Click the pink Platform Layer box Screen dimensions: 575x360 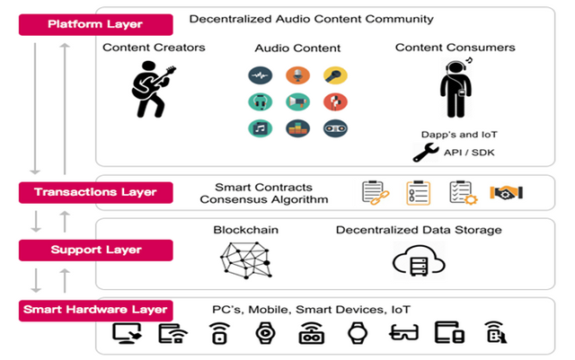(x=96, y=24)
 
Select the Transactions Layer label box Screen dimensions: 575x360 (x=96, y=192)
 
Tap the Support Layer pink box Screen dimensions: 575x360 (x=96, y=250)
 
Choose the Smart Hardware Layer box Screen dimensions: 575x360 (x=96, y=311)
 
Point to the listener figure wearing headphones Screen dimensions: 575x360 (x=456, y=88)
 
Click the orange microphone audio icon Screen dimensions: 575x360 (x=297, y=75)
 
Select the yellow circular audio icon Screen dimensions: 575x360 (x=335, y=75)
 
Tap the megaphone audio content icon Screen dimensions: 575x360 (x=297, y=102)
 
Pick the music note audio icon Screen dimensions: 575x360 (x=261, y=128)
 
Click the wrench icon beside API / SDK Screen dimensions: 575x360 (x=425, y=153)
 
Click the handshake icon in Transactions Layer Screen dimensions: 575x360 (x=506, y=192)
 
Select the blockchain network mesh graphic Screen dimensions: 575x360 (x=245, y=260)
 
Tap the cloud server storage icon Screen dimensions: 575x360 (x=419, y=261)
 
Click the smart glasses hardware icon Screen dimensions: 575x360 (x=403, y=332)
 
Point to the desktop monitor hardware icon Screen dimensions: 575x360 (x=127, y=333)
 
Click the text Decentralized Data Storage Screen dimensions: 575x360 (x=419, y=230)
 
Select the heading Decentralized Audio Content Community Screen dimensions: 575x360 (x=312, y=19)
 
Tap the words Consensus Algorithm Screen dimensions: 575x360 (x=264, y=200)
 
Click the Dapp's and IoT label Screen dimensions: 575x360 (x=459, y=135)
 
